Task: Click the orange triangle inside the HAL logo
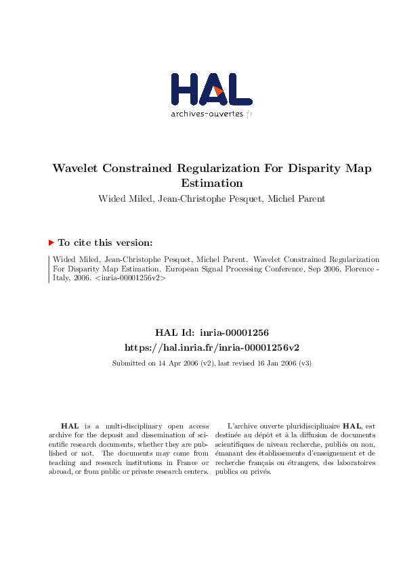coord(217,91)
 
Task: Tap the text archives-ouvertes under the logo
coord(207,114)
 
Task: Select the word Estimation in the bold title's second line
coord(211,183)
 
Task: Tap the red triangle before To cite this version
coord(51,242)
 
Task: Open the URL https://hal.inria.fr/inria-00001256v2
coord(212,347)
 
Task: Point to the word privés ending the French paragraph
coord(261,471)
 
